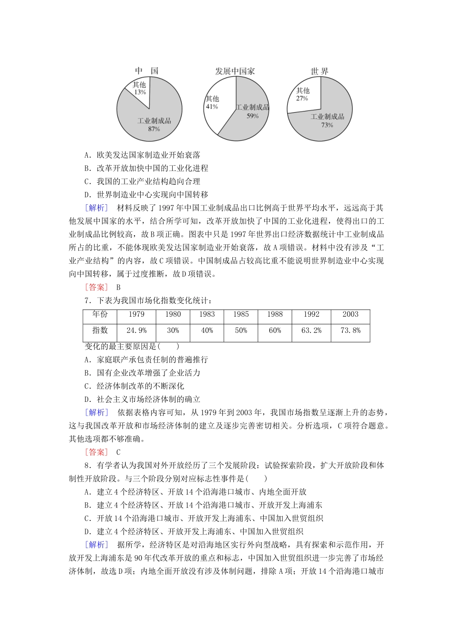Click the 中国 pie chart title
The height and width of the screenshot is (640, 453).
coord(147,71)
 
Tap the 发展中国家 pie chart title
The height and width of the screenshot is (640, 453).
coord(235,71)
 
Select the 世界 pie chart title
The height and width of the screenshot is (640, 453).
coord(319,71)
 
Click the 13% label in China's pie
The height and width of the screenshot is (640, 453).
coord(140,92)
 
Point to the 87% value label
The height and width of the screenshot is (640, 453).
coord(154,129)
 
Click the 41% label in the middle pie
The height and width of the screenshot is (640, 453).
coord(212,107)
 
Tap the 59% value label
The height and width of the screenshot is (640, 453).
coord(252,116)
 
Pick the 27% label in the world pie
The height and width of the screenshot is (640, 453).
coord(302,99)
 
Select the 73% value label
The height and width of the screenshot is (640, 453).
coord(327,125)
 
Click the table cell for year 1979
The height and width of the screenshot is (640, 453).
coord(136,314)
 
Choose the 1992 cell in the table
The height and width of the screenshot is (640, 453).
coord(311,314)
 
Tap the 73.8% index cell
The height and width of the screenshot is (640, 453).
coord(350,330)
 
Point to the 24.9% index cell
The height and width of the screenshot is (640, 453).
coord(136,330)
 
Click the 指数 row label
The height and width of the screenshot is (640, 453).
coord(100,330)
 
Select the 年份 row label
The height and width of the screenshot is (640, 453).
coord(100,314)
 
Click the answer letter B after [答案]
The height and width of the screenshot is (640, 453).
coord(118,287)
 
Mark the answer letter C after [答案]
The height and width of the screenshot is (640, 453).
coord(118,452)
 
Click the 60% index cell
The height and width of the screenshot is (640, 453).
coord(275,330)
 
